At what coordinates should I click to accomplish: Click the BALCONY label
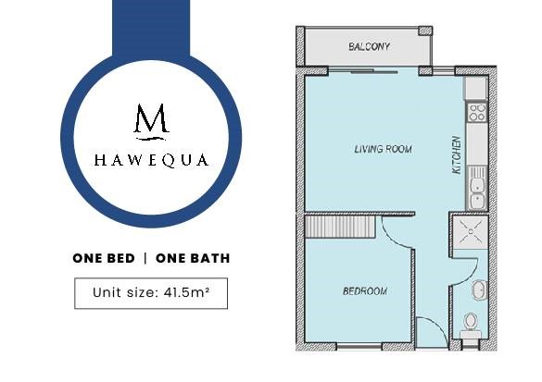pyautogui.click(x=369, y=46)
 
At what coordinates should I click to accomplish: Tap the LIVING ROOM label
pyautogui.click(x=383, y=149)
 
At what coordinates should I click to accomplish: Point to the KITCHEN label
pyautogui.click(x=457, y=155)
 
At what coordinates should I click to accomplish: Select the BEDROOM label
pyautogui.click(x=365, y=291)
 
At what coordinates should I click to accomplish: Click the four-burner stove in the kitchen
pyautogui.click(x=477, y=113)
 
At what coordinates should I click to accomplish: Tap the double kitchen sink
pyautogui.click(x=477, y=188)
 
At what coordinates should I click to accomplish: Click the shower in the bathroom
pyautogui.click(x=470, y=231)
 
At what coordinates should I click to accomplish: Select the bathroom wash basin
pyautogui.click(x=480, y=290)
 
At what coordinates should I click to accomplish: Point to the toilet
pyautogui.click(x=470, y=326)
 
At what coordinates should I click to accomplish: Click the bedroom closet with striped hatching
pyautogui.click(x=340, y=227)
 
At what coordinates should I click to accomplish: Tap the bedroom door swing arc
pyautogui.click(x=395, y=235)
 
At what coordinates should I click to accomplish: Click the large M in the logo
pyautogui.click(x=151, y=118)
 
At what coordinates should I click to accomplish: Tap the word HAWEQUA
pyautogui.click(x=151, y=160)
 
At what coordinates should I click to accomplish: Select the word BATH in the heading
pyautogui.click(x=212, y=258)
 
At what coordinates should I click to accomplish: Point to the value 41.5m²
pyautogui.click(x=186, y=292)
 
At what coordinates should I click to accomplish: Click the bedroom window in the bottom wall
pyautogui.click(x=359, y=346)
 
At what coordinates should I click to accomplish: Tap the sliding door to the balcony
pyautogui.click(x=373, y=71)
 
